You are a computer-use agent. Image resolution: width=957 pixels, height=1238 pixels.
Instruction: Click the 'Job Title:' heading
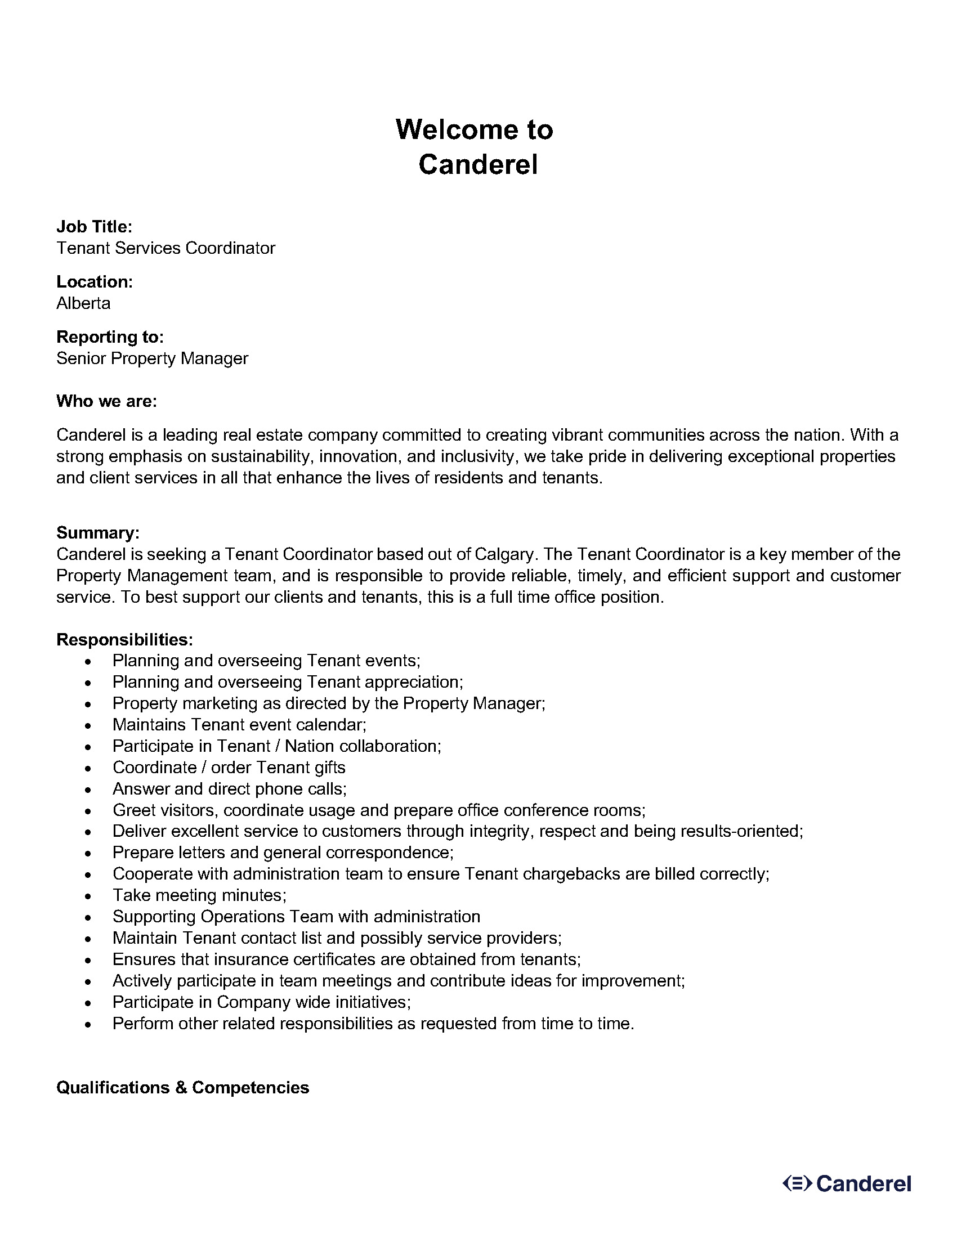coord(94,227)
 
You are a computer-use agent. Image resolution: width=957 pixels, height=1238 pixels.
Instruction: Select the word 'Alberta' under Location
coord(83,303)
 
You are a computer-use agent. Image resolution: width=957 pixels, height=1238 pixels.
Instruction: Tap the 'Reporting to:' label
coord(110,337)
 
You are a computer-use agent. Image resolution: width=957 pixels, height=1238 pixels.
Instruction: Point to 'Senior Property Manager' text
coord(152,358)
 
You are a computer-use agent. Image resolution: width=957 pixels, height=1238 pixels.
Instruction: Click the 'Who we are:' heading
coord(106,401)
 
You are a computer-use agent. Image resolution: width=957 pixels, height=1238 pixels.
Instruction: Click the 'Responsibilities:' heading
coord(125,639)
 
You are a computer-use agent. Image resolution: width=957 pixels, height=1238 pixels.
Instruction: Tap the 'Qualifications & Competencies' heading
coord(182,1087)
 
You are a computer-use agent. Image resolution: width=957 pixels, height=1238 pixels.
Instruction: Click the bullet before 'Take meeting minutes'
coord(87,896)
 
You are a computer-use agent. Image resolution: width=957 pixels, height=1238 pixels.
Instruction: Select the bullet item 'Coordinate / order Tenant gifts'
coord(229,768)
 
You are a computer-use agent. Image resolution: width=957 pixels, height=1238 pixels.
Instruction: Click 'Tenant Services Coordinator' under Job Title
coord(166,248)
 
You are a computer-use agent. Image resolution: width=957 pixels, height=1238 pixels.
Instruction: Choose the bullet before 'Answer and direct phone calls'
coord(87,790)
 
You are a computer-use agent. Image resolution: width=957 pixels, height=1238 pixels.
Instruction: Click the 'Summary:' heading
coord(97,533)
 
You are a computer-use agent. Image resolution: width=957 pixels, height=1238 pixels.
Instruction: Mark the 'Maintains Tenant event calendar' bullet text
coord(239,724)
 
